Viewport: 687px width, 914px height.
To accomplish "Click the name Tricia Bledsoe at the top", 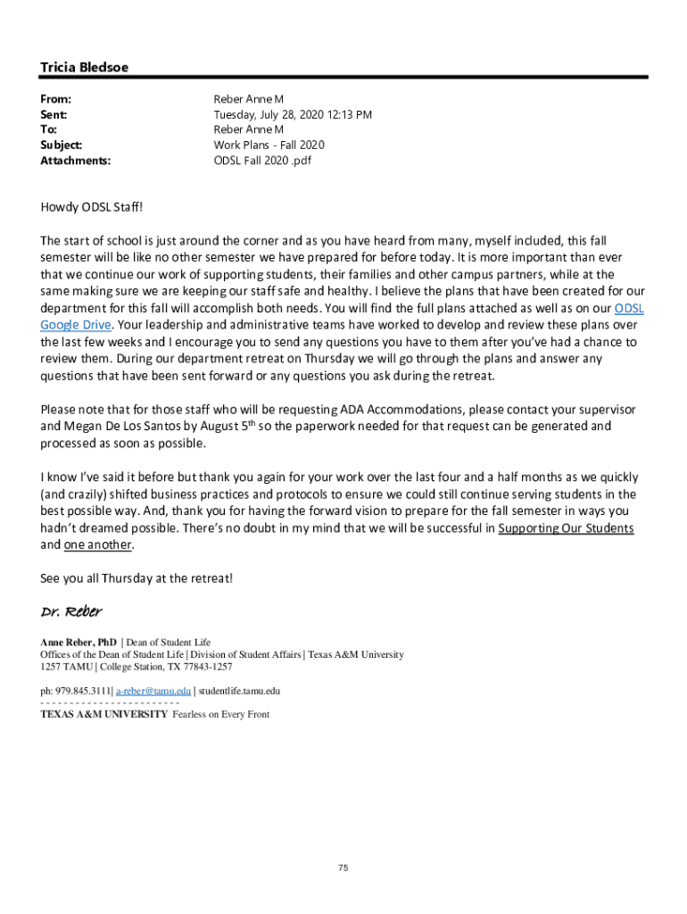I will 84,68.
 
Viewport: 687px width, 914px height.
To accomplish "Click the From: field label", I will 55,99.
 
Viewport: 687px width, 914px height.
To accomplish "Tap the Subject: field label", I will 61,145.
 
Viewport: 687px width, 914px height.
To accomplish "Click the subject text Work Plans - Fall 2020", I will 269,145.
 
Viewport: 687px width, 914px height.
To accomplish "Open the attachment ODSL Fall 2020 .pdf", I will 262,161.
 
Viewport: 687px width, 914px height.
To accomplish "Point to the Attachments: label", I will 76,161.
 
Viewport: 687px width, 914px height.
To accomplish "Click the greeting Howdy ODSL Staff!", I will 92,207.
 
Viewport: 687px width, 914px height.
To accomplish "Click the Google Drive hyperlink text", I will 77,325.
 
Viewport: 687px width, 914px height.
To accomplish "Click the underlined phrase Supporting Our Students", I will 566,528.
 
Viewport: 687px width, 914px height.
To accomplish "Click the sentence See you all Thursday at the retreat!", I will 137,578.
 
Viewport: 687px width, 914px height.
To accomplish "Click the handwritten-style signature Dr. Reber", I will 71,612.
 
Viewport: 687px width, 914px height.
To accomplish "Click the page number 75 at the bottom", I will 343,868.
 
